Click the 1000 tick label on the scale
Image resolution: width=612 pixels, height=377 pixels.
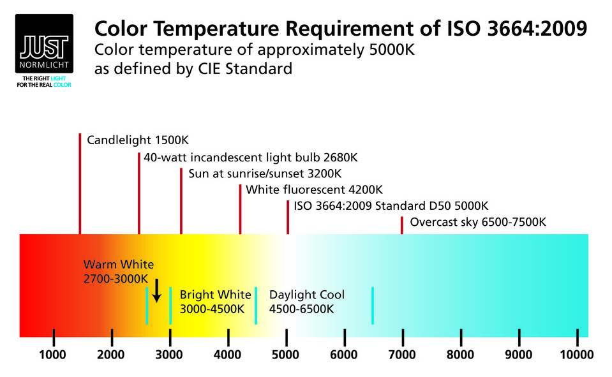pyautogui.click(x=53, y=355)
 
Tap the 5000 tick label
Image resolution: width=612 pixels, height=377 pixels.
pyautogui.click(x=286, y=355)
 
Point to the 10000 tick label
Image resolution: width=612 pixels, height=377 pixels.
pyautogui.click(x=577, y=355)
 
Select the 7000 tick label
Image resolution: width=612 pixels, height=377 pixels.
pyautogui.click(x=403, y=355)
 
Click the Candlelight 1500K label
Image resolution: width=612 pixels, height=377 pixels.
pyautogui.click(x=138, y=140)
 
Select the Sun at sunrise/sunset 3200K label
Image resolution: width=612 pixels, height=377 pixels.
pyautogui.click(x=265, y=174)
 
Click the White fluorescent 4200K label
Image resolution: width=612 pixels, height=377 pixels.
pyautogui.click(x=314, y=190)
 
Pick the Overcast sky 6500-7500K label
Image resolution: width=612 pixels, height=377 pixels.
pyautogui.click(x=478, y=223)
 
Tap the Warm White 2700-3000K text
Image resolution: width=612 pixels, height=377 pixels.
pyautogui.click(x=118, y=272)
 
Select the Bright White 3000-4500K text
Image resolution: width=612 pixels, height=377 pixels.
pyautogui.click(x=215, y=302)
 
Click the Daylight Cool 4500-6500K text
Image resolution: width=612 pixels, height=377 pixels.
pyautogui.click(x=307, y=302)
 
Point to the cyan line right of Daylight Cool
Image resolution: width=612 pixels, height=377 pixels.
pyautogui.click(x=373, y=306)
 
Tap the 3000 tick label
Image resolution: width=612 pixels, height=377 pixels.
pyautogui.click(x=169, y=355)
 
